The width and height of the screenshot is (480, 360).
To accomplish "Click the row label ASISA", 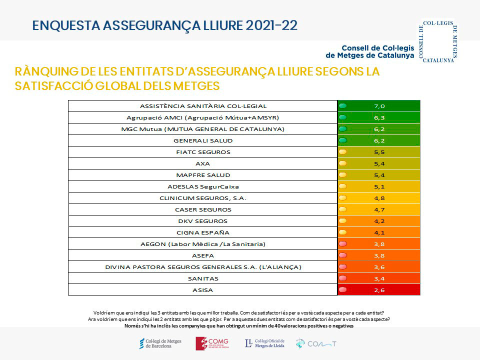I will pos(203,290).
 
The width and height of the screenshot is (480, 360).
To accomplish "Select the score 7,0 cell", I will pos(379,106).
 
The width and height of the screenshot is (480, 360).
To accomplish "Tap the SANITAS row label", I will pos(203,278).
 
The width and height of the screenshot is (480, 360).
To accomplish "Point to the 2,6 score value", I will pos(379,290).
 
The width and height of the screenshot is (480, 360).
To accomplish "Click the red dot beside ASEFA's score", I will pos(343,255).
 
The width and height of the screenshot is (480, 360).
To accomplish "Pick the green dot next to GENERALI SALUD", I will pos(343,140).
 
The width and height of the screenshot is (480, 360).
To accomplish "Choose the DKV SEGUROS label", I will pos(203,221).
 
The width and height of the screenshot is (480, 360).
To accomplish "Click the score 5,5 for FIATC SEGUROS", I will pos(379,152).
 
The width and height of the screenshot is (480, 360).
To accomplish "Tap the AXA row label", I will pos(203,163).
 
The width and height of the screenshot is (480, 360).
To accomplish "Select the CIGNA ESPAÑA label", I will pos(203,232).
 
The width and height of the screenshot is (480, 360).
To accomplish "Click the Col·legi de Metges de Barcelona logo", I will pos(160,343).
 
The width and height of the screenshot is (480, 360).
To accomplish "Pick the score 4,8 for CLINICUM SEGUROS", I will pos(379,198).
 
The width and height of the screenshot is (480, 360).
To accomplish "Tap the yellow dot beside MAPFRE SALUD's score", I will pos(343,175).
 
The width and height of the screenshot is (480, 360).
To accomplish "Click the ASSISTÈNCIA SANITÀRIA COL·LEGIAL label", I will pos(203,106).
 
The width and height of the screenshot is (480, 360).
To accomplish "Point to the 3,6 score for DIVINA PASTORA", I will pos(379,267).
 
